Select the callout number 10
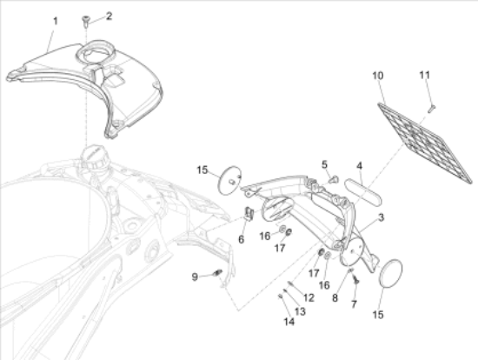377,77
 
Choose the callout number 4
359,164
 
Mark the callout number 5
324,163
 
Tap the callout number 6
241,238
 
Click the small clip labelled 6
249,214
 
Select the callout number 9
196,277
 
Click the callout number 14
288,322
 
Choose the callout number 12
309,298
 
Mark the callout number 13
300,310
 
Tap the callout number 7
354,303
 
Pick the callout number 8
334,297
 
